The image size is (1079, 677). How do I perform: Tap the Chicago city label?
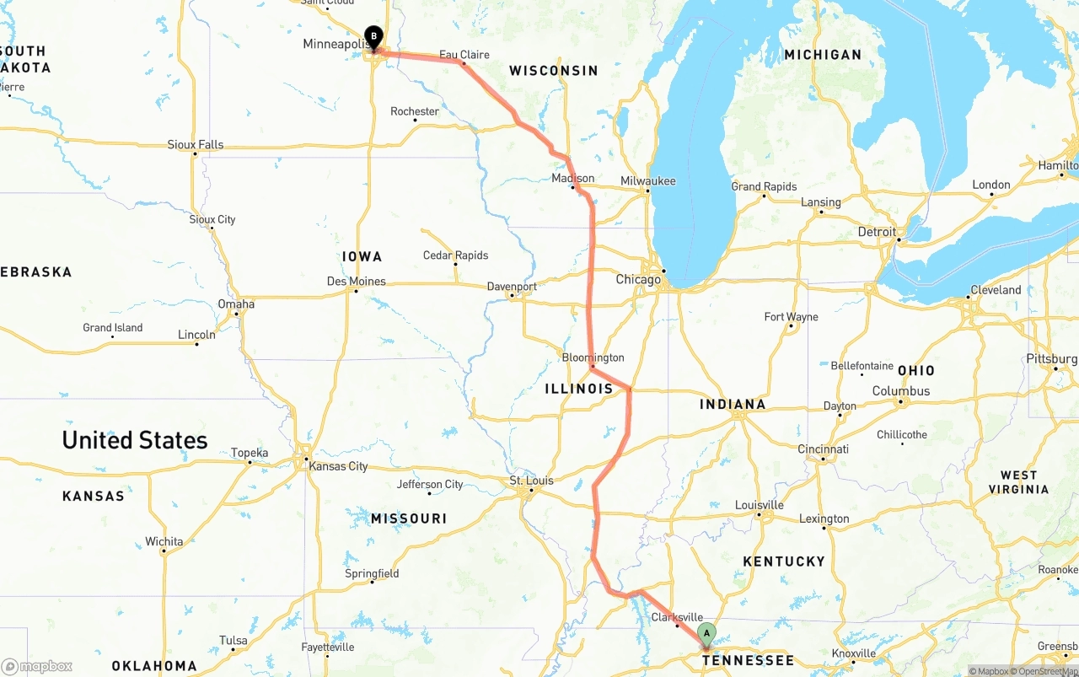point(638,280)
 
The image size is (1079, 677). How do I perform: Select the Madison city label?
point(573,179)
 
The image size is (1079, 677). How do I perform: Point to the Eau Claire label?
point(464,55)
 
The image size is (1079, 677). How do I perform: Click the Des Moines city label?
point(357,282)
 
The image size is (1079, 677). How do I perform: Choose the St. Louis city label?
point(531,481)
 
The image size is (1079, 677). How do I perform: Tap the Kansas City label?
point(338,466)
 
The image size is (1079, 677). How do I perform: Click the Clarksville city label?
point(677,617)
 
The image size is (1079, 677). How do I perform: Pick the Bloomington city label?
point(593,357)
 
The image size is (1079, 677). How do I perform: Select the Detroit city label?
point(877,232)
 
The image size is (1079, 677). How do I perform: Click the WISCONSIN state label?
point(554,71)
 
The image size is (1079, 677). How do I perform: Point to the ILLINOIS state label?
point(579,389)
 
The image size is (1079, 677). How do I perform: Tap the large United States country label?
point(135,440)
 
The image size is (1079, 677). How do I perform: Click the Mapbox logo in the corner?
point(37,666)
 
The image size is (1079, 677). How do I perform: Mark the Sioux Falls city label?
point(196,145)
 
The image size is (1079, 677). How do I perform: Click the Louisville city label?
point(760,505)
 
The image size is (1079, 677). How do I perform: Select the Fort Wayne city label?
point(791,317)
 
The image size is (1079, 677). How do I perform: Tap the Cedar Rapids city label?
point(455,255)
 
